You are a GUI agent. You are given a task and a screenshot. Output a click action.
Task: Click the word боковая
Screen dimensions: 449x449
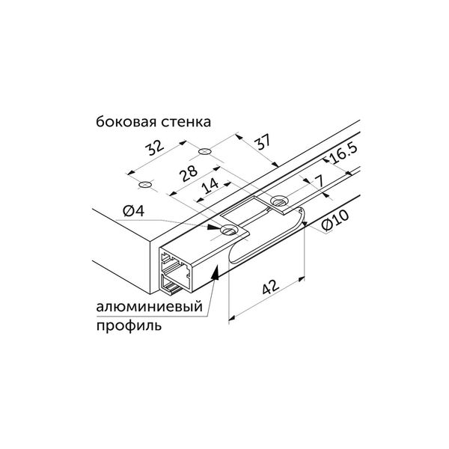point(126,122)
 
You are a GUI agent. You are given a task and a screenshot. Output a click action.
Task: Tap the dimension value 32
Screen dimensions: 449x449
point(155,147)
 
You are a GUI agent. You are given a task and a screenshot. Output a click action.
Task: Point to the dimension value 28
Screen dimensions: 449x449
point(188,174)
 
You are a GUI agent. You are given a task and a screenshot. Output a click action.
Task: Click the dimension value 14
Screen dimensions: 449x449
point(210,186)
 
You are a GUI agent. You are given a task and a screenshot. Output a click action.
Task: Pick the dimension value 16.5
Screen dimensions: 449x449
point(343,154)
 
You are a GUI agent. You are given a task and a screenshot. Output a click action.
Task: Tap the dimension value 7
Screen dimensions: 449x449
point(319,181)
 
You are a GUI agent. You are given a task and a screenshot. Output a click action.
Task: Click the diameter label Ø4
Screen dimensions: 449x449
point(133,211)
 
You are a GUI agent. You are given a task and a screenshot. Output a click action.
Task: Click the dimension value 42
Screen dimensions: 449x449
point(270,287)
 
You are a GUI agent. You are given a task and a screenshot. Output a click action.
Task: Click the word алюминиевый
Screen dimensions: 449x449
point(149,307)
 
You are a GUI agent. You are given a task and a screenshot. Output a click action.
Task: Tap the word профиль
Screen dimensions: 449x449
point(129,326)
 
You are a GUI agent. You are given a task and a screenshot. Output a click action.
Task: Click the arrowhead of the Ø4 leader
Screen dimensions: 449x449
point(213,227)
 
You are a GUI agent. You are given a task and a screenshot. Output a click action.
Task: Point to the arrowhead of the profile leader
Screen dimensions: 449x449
point(216,272)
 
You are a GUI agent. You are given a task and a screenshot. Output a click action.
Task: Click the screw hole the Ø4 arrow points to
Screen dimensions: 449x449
point(230,230)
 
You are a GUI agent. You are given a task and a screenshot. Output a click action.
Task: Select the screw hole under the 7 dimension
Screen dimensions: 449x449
point(279,201)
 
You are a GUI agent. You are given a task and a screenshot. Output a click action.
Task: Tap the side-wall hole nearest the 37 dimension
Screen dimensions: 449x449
point(205,150)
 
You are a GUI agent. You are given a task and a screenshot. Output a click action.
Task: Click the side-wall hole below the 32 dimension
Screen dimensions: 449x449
point(145,185)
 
